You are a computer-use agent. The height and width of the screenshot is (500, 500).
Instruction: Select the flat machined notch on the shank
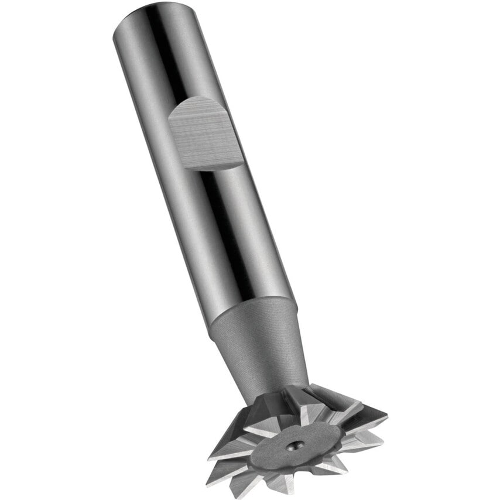pyautogui.click(x=205, y=132)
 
